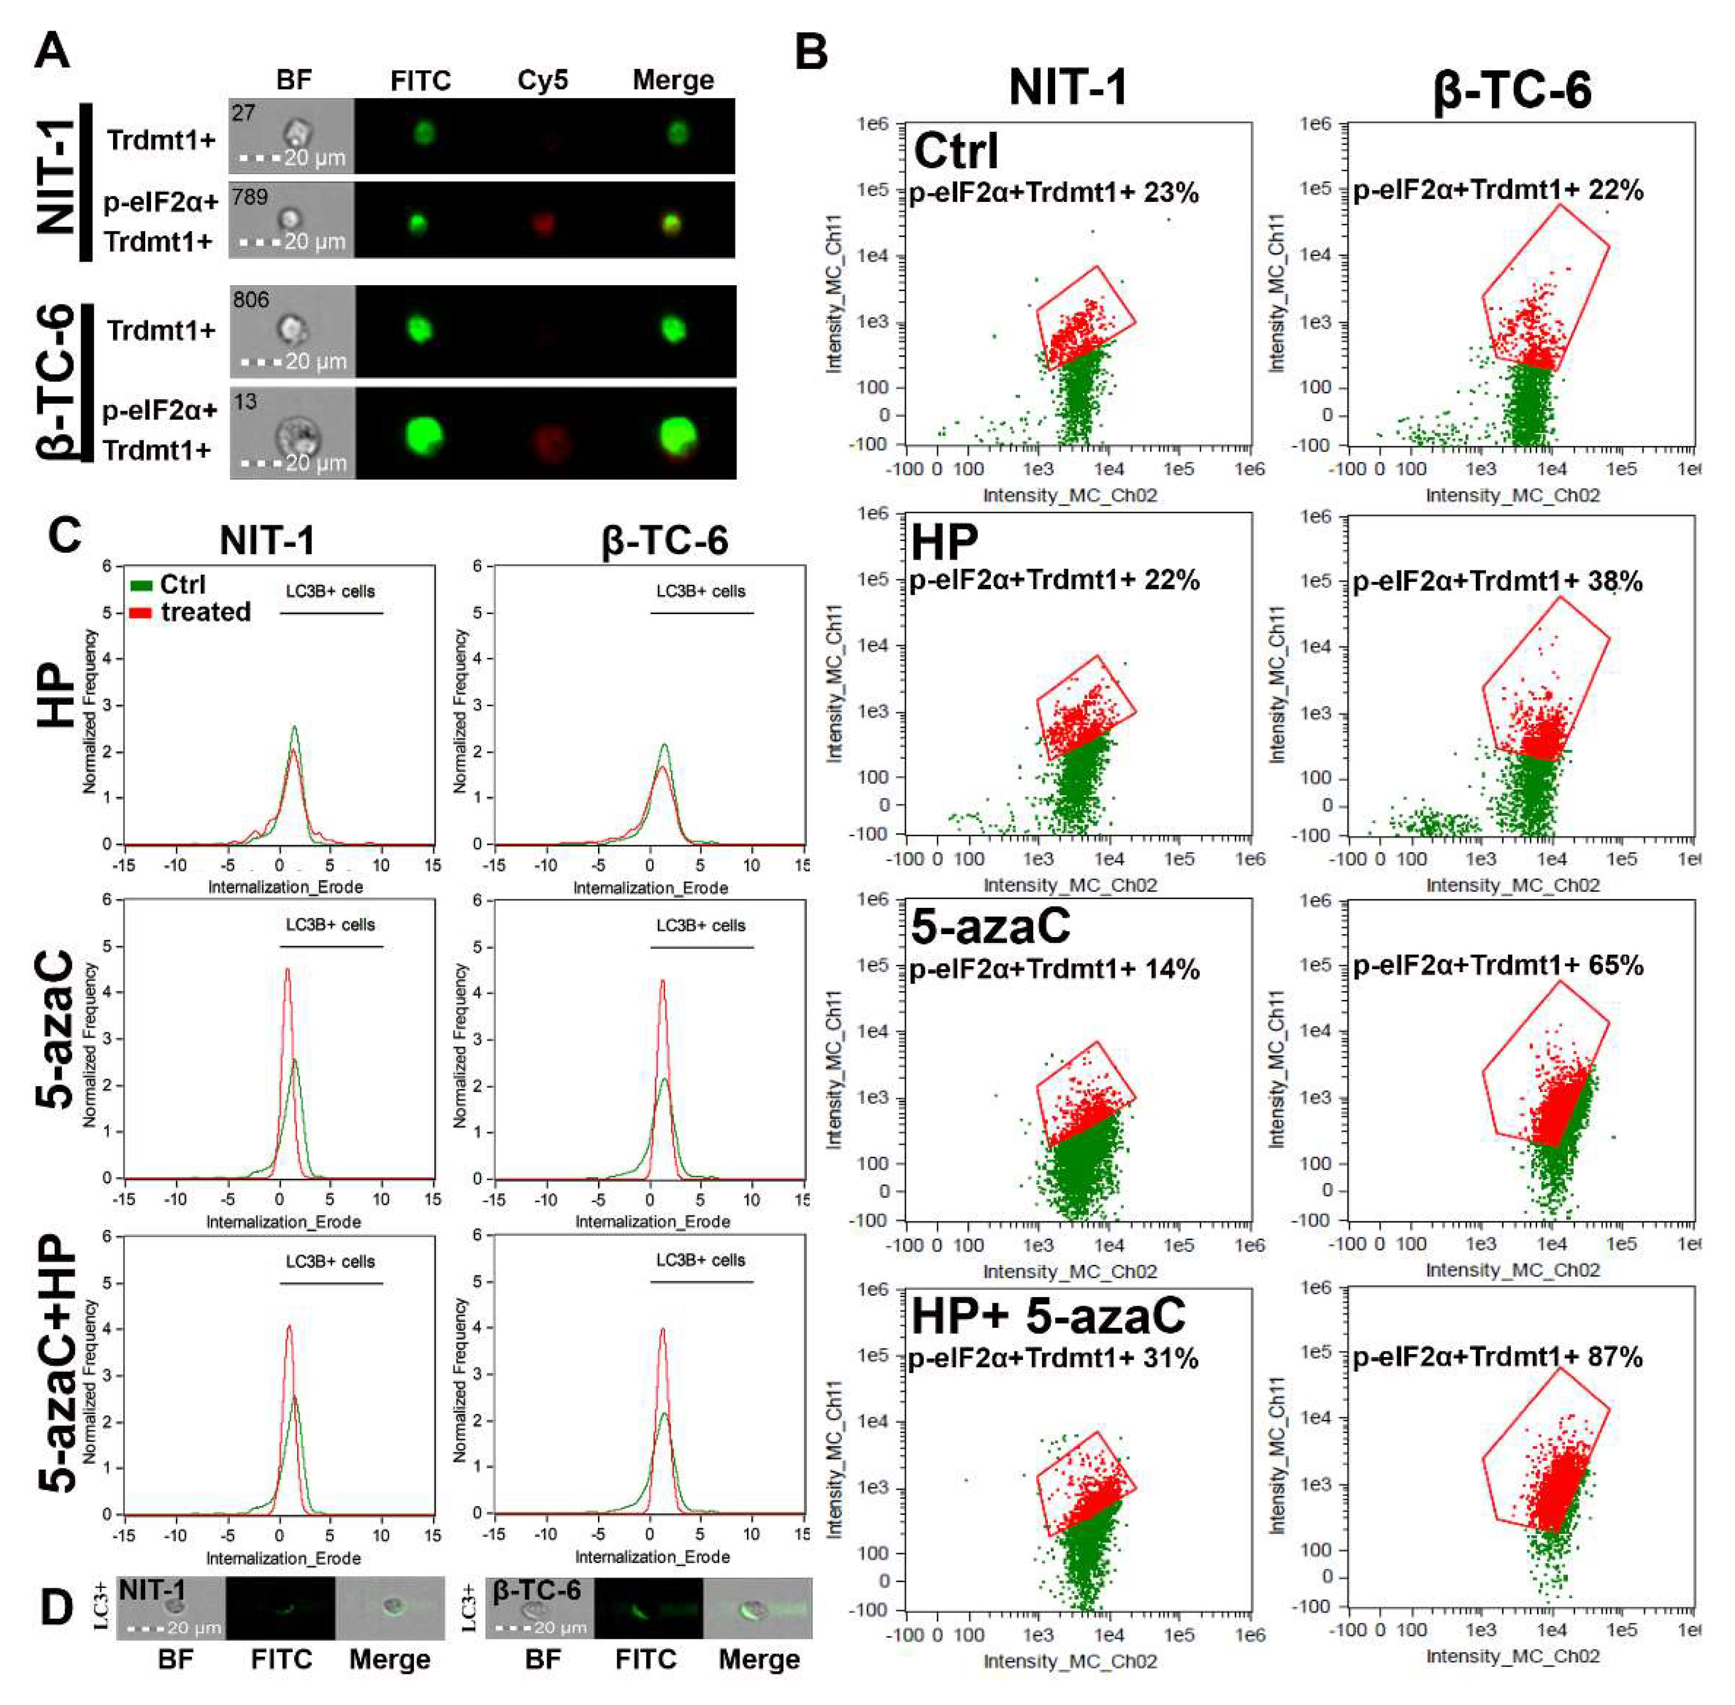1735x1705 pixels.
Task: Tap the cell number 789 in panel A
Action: point(250,196)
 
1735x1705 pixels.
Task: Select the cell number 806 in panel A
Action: point(251,299)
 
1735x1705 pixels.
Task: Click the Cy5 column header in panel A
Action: point(542,81)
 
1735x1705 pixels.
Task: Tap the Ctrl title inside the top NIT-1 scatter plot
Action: point(955,151)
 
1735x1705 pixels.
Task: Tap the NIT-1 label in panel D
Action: point(152,1590)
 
